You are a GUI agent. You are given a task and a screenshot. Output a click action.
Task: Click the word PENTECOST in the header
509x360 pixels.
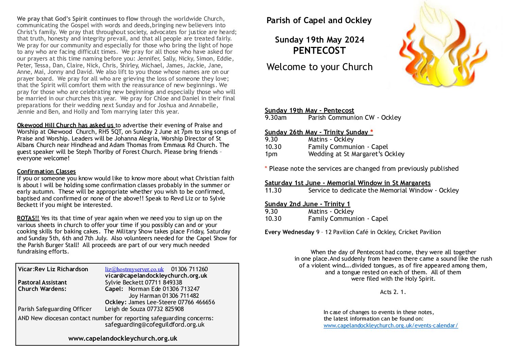[319, 51]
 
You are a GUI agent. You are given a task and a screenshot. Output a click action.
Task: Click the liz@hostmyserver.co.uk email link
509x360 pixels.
[134, 269]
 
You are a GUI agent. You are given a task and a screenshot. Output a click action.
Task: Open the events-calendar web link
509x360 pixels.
[391, 326]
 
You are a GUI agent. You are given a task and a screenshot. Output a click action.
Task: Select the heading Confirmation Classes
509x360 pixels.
[46, 171]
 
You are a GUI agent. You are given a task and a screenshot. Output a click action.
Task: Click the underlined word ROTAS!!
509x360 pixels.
[28, 218]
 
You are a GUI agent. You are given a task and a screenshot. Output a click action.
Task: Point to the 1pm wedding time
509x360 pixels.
[271, 154]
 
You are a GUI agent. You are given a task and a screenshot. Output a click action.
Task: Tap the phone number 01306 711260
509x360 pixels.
[189, 269]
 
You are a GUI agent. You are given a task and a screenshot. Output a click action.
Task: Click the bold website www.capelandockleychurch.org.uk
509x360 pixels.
[123, 338]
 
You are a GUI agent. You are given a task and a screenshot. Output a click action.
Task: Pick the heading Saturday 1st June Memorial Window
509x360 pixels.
[347, 183]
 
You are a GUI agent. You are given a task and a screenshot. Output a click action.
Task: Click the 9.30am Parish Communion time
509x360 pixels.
[275, 118]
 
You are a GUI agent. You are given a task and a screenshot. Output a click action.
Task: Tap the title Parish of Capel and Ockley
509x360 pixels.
[319, 20]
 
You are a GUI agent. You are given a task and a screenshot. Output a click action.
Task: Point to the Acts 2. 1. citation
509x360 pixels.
[393, 292]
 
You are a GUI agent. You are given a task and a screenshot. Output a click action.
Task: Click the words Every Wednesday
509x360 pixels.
[289, 232]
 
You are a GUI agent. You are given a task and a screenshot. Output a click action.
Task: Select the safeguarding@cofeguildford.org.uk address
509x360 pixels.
[155, 325]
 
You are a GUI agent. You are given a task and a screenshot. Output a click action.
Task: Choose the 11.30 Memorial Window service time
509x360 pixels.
[273, 191]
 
